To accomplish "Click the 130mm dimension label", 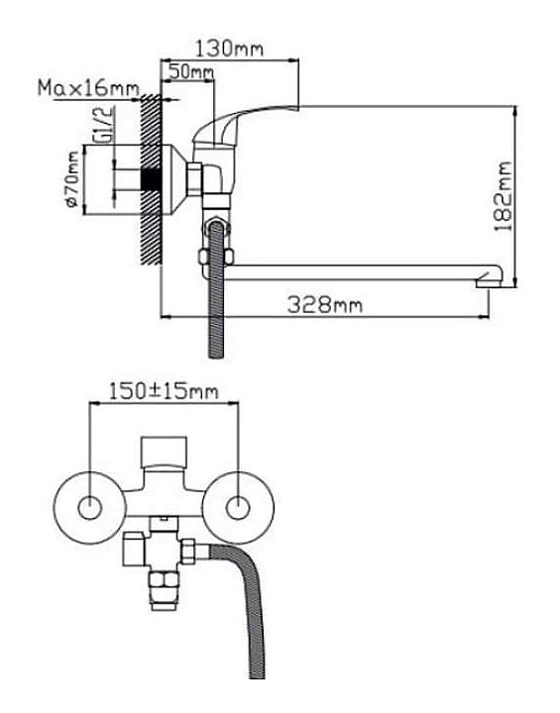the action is coord(230,49).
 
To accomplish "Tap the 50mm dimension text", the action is coord(190,71).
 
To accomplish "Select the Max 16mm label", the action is coord(88,88).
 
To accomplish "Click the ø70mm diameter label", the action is coord(72,179).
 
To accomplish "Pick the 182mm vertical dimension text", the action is coord(504,196).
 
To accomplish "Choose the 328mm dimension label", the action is coord(325,305).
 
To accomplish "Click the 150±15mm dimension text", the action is coord(164,391).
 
